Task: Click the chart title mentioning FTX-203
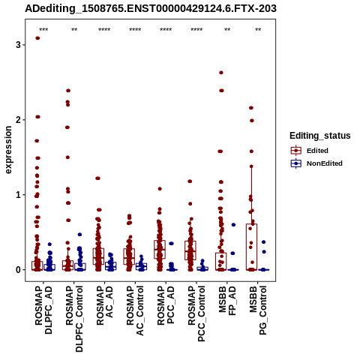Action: pyautogui.click(x=151, y=8)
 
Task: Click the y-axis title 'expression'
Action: pyautogui.click(x=8, y=150)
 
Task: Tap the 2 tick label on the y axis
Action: pyautogui.click(x=18, y=120)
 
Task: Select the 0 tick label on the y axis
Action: pyautogui.click(x=18, y=270)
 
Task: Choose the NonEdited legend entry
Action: pyautogui.click(x=316, y=163)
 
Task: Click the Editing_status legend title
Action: pyautogui.click(x=320, y=136)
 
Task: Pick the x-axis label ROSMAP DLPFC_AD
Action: pyautogui.click(x=43, y=310)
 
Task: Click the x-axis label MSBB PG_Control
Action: pyautogui.click(x=258, y=310)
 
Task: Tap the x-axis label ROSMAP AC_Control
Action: pyautogui.click(x=135, y=310)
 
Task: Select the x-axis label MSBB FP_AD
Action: pyautogui.click(x=227, y=301)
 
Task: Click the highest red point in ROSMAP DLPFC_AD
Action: pyautogui.click(x=37, y=38)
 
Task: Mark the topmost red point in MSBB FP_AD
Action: pyautogui.click(x=221, y=73)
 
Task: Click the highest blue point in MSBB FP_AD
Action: pyautogui.click(x=233, y=225)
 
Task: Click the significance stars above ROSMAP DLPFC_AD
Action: pyautogui.click(x=43, y=30)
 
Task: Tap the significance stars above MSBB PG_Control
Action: pyautogui.click(x=258, y=30)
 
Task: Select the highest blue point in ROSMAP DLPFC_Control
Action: pyautogui.click(x=79, y=235)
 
